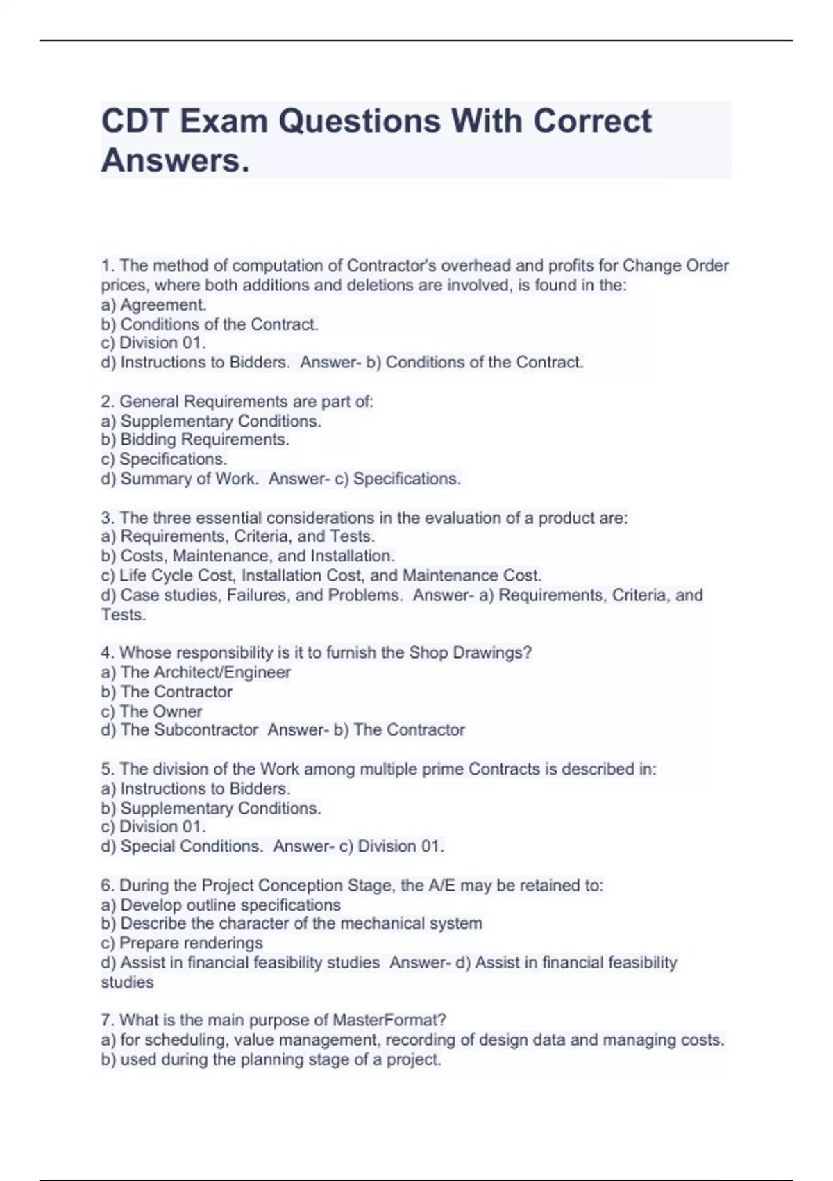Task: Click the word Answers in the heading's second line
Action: [x=174, y=161]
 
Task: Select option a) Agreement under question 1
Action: [x=153, y=305]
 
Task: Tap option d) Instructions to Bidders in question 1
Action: [x=195, y=363]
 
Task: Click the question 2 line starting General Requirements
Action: [x=237, y=402]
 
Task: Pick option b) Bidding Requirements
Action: [x=195, y=440]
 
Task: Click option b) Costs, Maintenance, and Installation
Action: [x=248, y=556]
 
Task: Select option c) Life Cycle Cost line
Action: [x=321, y=575]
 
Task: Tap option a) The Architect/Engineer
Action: [x=196, y=672]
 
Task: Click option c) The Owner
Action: [x=151, y=711]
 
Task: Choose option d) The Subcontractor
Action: [x=179, y=730]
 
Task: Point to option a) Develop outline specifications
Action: [x=221, y=905]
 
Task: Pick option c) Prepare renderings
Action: [x=182, y=943]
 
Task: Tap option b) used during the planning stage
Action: [x=271, y=1060]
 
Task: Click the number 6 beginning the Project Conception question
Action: [x=106, y=886]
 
